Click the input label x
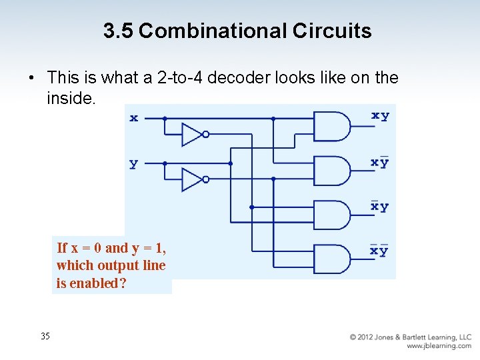point(134,118)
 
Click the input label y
point(134,163)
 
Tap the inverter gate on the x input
point(194,134)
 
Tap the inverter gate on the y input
point(194,179)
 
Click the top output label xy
point(380,116)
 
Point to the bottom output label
point(379,251)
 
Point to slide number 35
point(45,336)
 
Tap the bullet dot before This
point(31,79)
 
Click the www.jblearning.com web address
point(438,346)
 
